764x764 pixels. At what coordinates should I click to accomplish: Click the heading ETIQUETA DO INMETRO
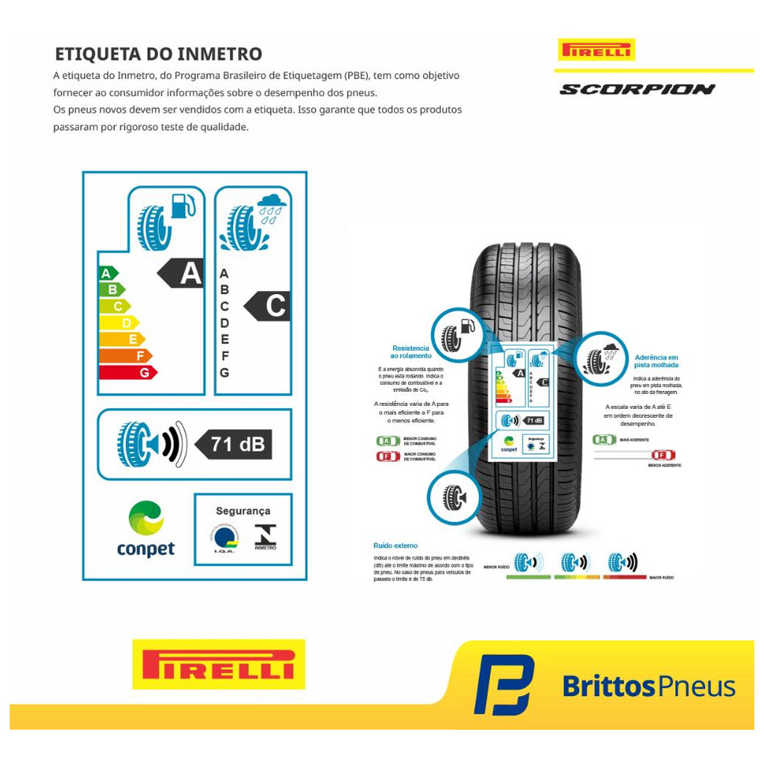(x=158, y=54)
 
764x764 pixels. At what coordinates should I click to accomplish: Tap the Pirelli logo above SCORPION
(x=596, y=50)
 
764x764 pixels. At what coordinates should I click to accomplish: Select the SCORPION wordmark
(x=637, y=90)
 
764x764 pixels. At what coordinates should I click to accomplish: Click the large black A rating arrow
(x=182, y=274)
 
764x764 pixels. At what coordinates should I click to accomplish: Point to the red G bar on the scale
(x=128, y=372)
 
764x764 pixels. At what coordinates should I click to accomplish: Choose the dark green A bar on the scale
(x=108, y=273)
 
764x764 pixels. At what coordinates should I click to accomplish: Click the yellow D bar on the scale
(x=119, y=323)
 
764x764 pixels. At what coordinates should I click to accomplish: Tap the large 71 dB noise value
(x=235, y=445)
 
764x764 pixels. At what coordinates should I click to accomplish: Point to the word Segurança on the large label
(x=242, y=511)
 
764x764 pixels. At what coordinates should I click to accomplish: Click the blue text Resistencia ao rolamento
(x=410, y=352)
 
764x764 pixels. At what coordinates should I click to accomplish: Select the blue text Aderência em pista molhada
(x=656, y=361)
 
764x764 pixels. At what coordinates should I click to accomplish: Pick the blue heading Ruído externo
(x=395, y=545)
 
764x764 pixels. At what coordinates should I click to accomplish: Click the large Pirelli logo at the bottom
(x=218, y=664)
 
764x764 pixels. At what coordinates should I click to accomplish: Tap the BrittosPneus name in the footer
(x=648, y=686)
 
